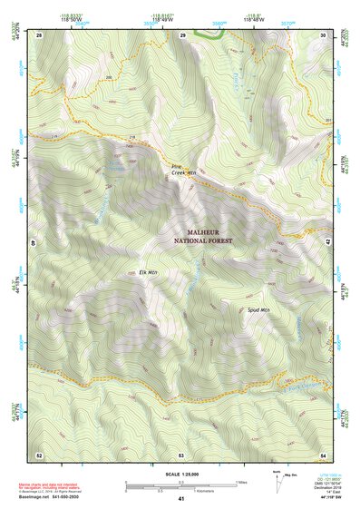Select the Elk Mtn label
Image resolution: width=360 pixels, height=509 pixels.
148,272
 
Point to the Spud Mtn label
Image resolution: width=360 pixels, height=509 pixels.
259,309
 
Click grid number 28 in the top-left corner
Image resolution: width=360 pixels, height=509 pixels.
39,34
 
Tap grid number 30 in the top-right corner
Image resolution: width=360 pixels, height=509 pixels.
324,34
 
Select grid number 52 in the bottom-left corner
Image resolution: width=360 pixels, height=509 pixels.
39,454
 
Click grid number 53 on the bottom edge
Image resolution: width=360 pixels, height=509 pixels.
181,454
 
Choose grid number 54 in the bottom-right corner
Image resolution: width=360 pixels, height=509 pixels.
324,454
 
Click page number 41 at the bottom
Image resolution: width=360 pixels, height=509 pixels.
181,499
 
